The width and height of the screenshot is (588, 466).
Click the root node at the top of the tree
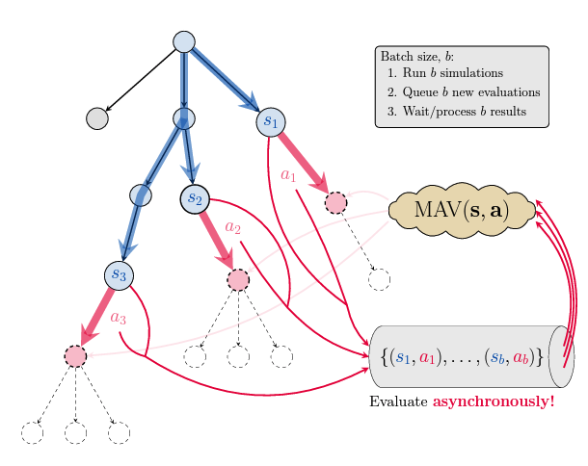click(184, 41)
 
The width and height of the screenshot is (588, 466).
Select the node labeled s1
click(271, 121)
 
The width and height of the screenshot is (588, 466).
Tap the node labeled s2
click(195, 198)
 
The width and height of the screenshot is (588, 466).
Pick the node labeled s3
click(119, 274)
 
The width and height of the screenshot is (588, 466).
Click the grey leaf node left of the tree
click(96, 118)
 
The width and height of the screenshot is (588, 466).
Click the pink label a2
click(231, 228)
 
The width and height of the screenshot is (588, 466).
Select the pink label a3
click(119, 318)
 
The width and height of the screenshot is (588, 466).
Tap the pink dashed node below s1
click(335, 202)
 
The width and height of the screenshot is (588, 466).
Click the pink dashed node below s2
click(238, 279)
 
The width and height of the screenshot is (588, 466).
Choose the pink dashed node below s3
click(75, 355)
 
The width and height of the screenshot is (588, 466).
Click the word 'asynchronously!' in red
click(494, 401)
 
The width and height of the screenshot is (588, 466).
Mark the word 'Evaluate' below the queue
click(399, 401)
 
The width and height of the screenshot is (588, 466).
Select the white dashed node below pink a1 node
click(379, 279)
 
